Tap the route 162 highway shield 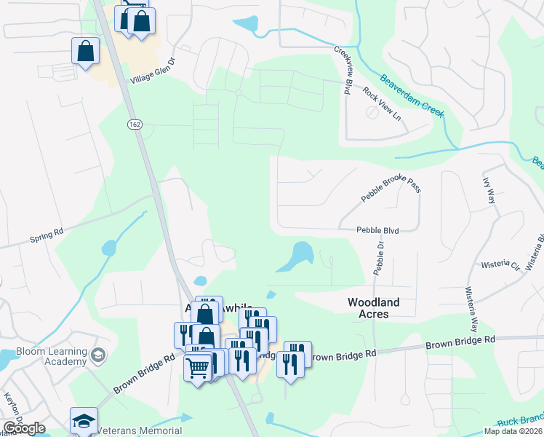pos(134,125)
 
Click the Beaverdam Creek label pos(412,95)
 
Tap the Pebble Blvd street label pos(377,230)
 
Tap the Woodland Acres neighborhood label pos(377,308)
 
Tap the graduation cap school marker pos(84,421)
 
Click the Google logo pos(25,428)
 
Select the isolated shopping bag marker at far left pos(85,52)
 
